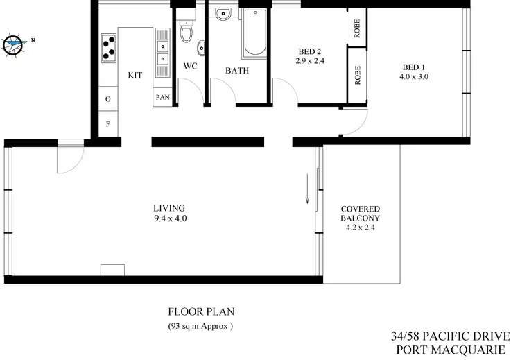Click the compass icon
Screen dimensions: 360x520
coord(14,44)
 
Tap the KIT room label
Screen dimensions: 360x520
coord(135,76)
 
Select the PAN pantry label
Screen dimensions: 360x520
coord(162,97)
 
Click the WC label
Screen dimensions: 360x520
coord(191,67)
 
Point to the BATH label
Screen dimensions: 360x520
coord(236,70)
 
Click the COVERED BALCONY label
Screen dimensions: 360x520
coord(360,213)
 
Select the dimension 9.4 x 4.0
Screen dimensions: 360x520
coord(171,218)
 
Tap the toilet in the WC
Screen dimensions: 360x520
coord(186,31)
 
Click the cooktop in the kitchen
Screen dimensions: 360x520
coord(110,48)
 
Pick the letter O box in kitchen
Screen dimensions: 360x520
coord(108,99)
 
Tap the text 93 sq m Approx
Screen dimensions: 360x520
coord(200,326)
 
